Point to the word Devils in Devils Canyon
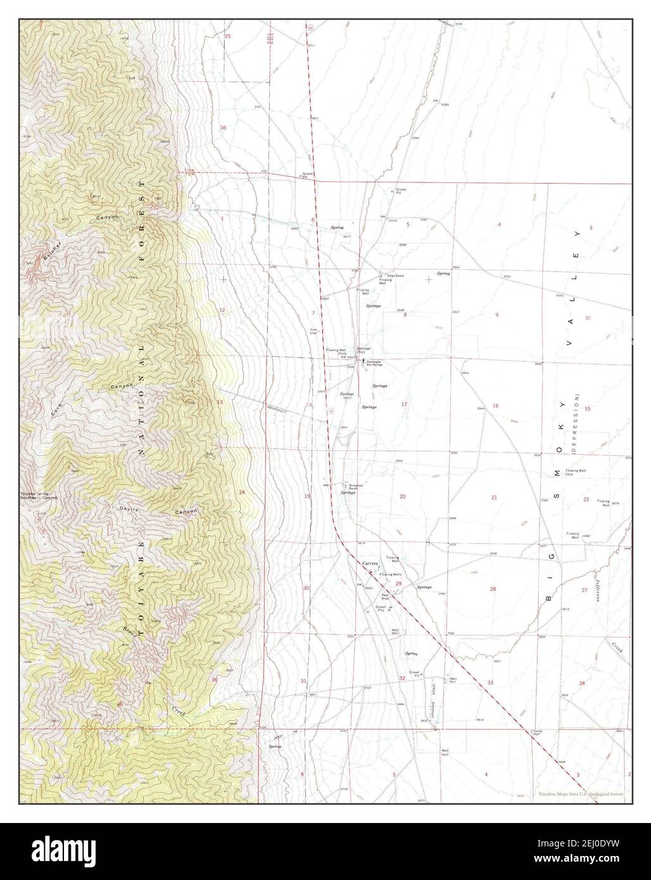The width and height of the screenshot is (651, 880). pos(128,508)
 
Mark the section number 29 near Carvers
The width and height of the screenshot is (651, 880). pos(398,583)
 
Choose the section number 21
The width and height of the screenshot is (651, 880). pos(494,498)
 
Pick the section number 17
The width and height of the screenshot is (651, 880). pos(404,404)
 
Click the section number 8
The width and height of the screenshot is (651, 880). pos(405,314)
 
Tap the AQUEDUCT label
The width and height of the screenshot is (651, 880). pos(277,410)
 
